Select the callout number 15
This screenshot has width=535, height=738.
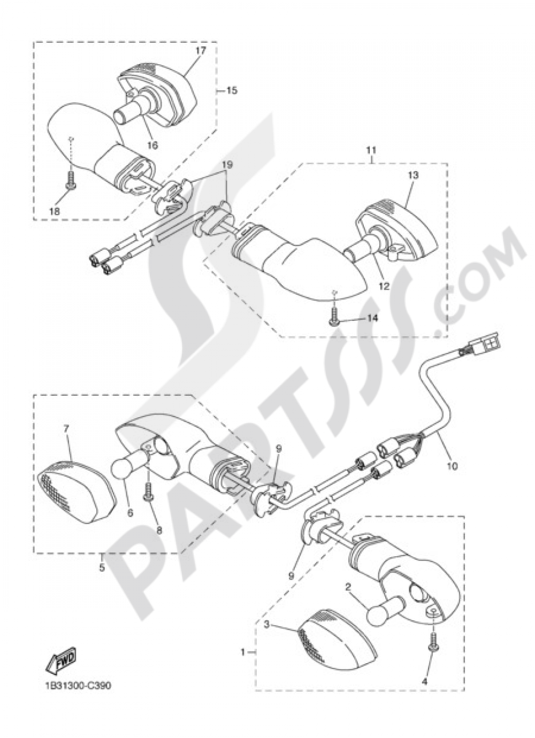point(231,90)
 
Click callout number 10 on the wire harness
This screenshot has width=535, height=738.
point(452,466)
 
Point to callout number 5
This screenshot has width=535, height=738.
point(102,568)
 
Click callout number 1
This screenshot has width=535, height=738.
point(243,652)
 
